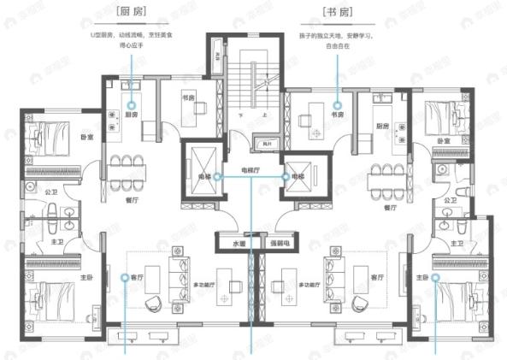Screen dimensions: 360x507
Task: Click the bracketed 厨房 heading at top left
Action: (x=130, y=14)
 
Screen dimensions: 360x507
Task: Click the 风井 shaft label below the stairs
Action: (x=266, y=144)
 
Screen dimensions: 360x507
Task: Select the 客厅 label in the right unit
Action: (x=377, y=278)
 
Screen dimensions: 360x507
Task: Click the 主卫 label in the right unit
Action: (x=457, y=243)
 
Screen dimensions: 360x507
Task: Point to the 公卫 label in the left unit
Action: (x=51, y=192)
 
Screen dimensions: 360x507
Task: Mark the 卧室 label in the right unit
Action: (x=443, y=140)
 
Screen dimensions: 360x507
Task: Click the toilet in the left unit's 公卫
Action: (x=51, y=213)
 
